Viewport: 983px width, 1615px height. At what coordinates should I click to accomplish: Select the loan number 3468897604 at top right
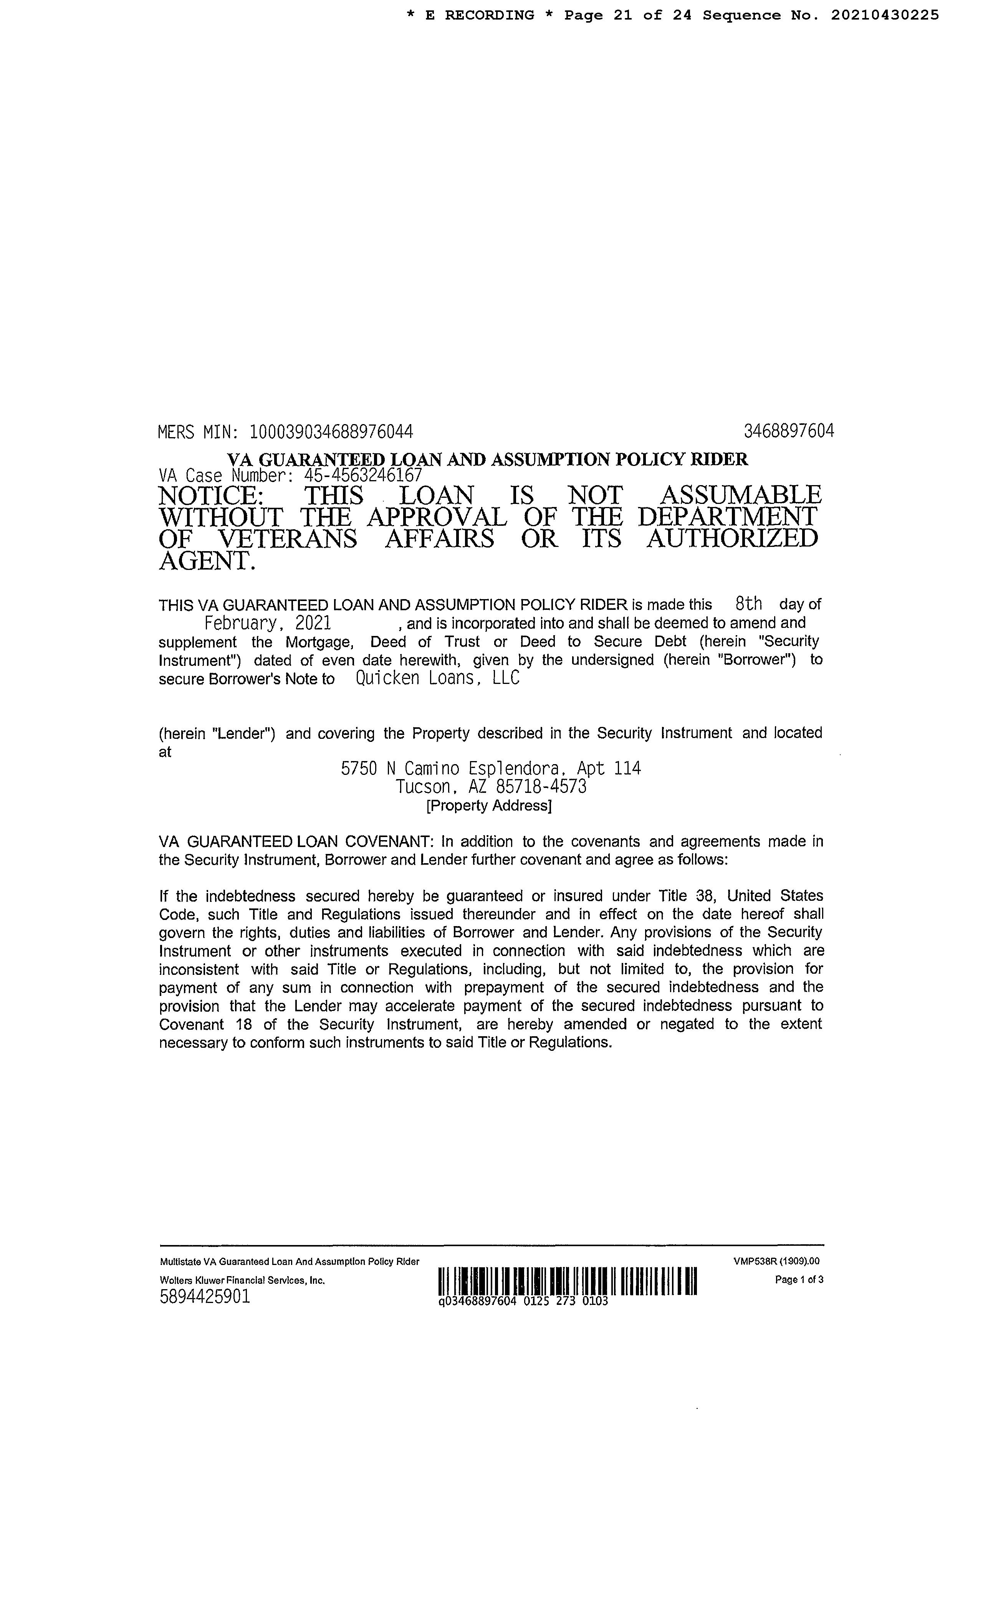789,431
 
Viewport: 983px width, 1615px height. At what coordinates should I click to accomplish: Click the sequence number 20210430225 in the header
885,15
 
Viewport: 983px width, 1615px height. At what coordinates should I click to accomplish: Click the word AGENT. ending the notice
206,561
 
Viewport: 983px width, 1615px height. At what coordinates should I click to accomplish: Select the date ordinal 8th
749,603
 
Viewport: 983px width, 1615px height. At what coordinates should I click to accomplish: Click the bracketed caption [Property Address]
488,806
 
